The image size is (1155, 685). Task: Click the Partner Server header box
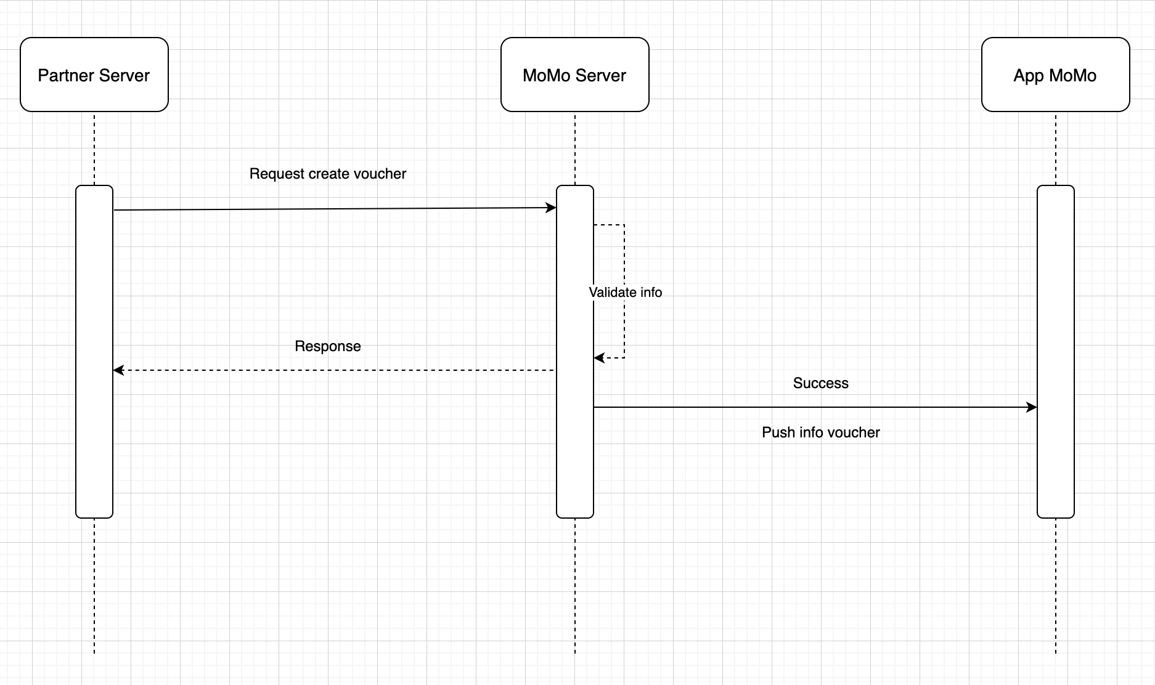(94, 75)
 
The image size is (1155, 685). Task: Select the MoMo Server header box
(574, 75)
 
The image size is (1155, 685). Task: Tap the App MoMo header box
(1055, 75)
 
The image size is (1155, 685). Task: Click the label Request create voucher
(327, 174)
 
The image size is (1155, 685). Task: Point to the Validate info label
(625, 292)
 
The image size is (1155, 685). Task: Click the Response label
(327, 346)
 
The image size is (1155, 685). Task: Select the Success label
(820, 383)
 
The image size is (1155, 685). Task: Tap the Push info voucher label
(820, 432)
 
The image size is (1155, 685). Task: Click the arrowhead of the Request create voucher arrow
(552, 208)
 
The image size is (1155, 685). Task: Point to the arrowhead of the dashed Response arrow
(118, 370)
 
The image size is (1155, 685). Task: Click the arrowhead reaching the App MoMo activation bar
(1032, 407)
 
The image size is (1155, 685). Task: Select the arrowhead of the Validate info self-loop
(598, 358)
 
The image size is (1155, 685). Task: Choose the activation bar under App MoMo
(1055, 308)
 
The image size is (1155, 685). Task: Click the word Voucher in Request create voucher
(383, 174)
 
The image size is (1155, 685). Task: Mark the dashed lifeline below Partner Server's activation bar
(94, 585)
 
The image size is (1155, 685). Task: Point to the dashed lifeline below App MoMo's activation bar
(1056, 585)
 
